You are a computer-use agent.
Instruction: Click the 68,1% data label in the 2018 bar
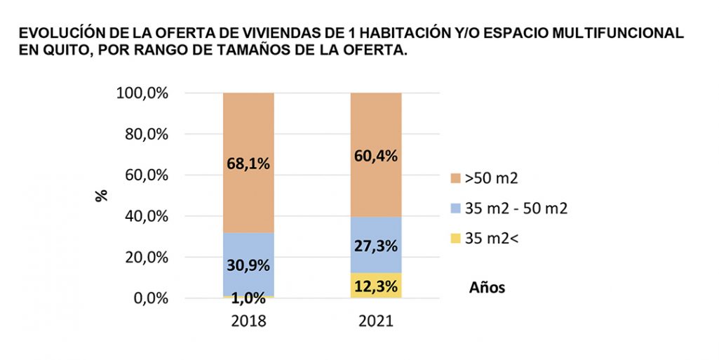(x=248, y=163)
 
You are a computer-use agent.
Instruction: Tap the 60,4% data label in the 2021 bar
(x=375, y=155)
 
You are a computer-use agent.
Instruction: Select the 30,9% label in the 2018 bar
(x=248, y=265)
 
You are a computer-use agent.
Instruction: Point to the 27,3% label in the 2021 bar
(x=375, y=246)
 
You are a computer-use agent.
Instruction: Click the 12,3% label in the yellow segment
(x=375, y=286)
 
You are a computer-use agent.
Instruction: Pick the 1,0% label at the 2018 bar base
(x=248, y=298)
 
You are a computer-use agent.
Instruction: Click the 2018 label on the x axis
(x=248, y=321)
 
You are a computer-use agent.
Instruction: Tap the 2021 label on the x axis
(x=375, y=321)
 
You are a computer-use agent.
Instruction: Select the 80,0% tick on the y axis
(x=144, y=134)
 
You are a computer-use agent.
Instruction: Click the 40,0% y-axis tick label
(x=144, y=216)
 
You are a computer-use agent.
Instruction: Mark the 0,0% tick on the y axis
(x=147, y=298)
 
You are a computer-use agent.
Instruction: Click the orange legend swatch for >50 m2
(x=455, y=178)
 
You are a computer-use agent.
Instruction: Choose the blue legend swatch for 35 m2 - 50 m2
(x=455, y=208)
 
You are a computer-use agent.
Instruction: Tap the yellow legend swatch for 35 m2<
(x=455, y=238)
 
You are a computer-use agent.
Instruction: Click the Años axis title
(x=486, y=288)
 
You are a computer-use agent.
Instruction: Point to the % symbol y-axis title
(x=102, y=195)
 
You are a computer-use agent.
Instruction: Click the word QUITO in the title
(x=61, y=51)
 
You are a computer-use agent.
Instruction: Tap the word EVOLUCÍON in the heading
(x=60, y=34)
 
